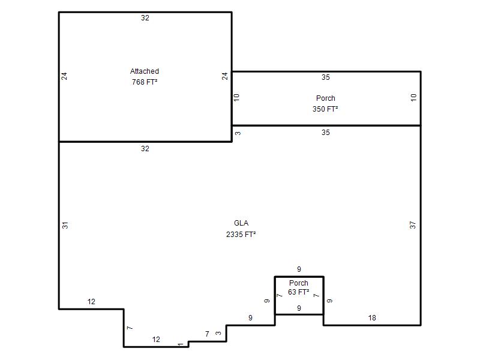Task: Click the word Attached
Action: click(145, 71)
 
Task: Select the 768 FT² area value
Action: click(145, 82)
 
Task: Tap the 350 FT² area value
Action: click(325, 109)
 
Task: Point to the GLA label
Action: click(241, 223)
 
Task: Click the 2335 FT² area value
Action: click(241, 235)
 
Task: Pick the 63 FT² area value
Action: click(298, 292)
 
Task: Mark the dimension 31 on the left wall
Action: click(65, 226)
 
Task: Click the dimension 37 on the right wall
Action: click(413, 226)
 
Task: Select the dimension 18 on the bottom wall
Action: click(372, 318)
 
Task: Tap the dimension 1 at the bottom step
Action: click(181, 344)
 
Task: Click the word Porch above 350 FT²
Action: click(325, 98)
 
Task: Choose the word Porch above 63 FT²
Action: click(298, 283)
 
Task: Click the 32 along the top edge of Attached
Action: click(145, 18)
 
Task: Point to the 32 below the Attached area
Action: click(145, 149)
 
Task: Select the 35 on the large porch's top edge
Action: click(326, 77)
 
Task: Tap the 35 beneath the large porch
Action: click(326, 133)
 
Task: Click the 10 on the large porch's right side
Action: click(413, 98)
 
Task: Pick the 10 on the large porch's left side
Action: click(236, 98)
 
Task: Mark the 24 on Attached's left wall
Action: click(64, 76)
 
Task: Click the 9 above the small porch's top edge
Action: click(299, 269)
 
